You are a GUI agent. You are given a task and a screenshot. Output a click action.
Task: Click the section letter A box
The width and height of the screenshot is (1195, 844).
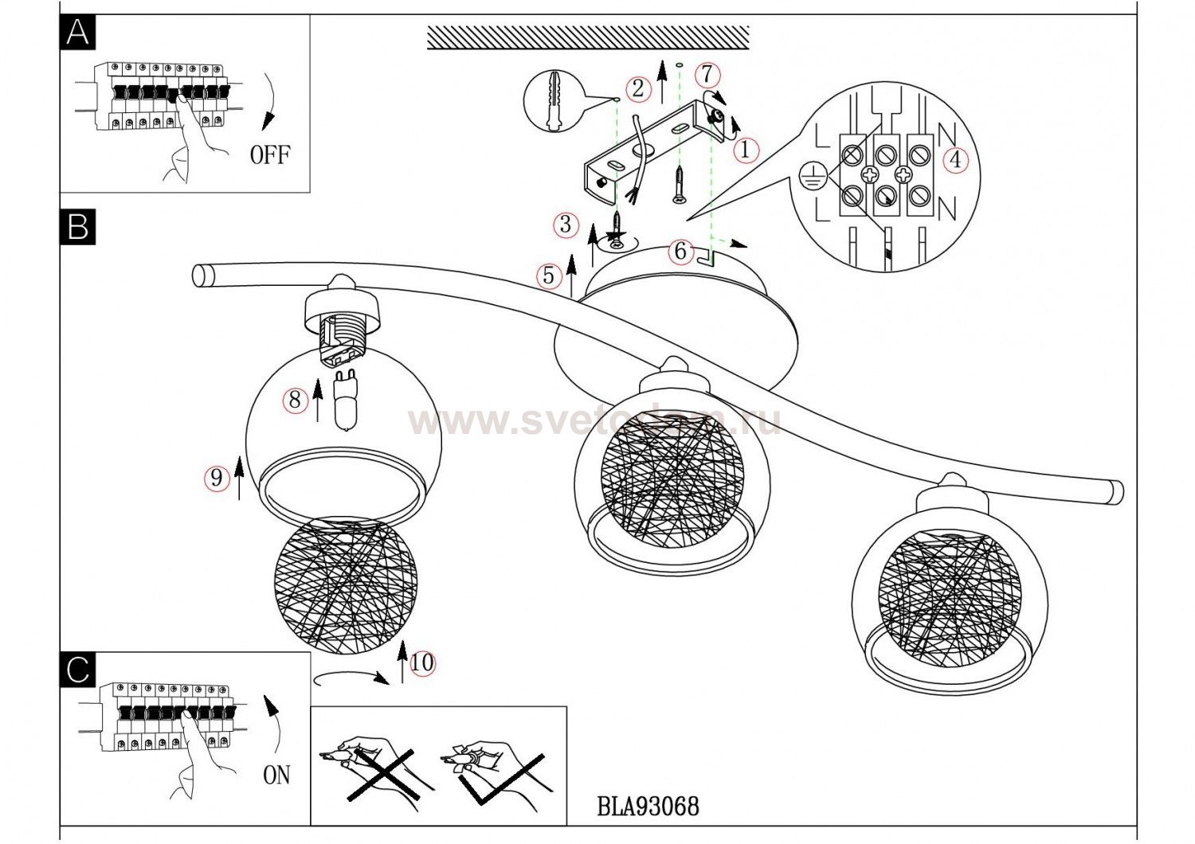click(78, 33)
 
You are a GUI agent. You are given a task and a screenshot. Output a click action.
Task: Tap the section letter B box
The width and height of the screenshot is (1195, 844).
click(78, 227)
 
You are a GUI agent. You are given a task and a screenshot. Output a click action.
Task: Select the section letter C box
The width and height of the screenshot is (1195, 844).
click(78, 670)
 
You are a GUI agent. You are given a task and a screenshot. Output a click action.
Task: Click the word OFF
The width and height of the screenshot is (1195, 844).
click(270, 154)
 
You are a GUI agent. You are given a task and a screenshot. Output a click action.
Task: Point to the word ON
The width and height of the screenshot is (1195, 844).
click(276, 774)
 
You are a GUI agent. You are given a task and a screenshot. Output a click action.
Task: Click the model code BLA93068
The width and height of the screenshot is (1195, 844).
click(648, 806)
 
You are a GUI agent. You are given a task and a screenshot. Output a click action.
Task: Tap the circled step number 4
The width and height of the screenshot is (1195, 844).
click(954, 160)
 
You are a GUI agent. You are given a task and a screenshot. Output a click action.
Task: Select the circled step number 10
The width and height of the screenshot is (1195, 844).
click(422, 662)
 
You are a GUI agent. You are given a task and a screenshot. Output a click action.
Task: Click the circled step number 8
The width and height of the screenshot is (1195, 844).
click(295, 399)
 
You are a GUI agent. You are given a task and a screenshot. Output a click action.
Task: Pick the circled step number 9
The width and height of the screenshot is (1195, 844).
click(216, 477)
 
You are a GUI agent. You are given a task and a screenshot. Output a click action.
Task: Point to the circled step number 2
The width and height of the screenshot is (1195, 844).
click(637, 88)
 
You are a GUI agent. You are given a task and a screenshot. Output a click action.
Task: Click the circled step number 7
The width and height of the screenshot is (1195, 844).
click(707, 75)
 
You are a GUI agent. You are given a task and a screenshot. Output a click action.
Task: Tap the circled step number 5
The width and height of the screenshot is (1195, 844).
click(548, 275)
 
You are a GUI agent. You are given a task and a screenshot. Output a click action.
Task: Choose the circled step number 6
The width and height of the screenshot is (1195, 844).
click(680, 251)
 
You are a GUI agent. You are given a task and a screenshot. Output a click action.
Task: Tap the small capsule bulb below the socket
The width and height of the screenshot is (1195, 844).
click(346, 399)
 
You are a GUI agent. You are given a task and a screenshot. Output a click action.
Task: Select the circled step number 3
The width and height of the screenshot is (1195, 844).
click(566, 225)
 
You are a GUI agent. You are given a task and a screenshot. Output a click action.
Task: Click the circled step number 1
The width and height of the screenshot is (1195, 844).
click(746, 149)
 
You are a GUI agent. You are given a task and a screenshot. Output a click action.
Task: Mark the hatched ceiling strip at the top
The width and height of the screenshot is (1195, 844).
click(588, 37)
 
